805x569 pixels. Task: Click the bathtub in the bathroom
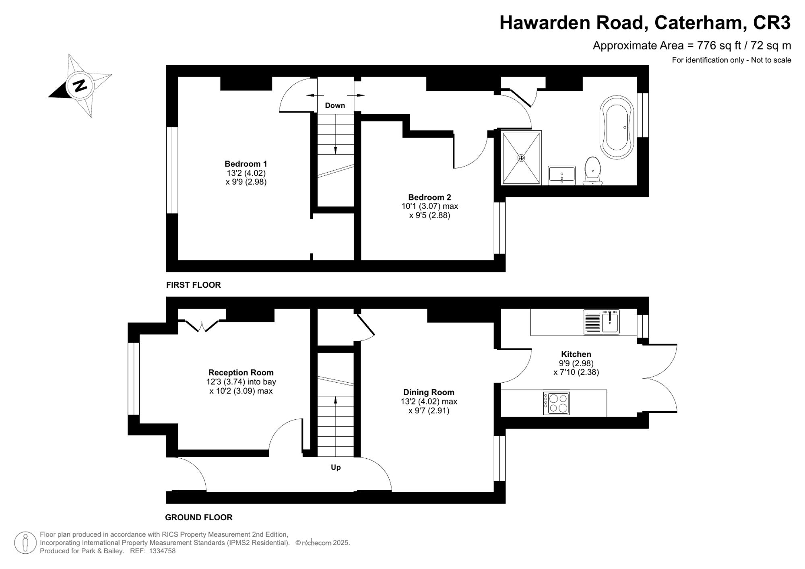tap(617, 127)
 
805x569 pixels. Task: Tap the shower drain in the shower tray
tap(521, 158)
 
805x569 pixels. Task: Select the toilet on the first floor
tap(592, 171)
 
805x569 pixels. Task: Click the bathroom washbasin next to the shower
tap(562, 175)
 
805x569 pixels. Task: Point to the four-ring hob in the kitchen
tap(556, 403)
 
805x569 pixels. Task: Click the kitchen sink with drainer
tap(602, 322)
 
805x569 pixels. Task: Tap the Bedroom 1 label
tap(246, 164)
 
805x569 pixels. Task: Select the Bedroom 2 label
tap(429, 197)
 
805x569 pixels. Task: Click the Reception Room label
tap(241, 373)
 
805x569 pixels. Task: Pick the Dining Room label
tap(429, 392)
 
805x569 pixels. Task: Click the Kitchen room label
tap(576, 354)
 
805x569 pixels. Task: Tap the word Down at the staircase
tap(335, 105)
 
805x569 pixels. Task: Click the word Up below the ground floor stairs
tap(336, 467)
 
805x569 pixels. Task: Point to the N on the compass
tap(80, 86)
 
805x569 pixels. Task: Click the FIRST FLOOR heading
tap(193, 285)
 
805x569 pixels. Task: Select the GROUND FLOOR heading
tap(198, 517)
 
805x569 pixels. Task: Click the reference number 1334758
tap(162, 551)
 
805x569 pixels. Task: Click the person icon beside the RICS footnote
tap(25, 542)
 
